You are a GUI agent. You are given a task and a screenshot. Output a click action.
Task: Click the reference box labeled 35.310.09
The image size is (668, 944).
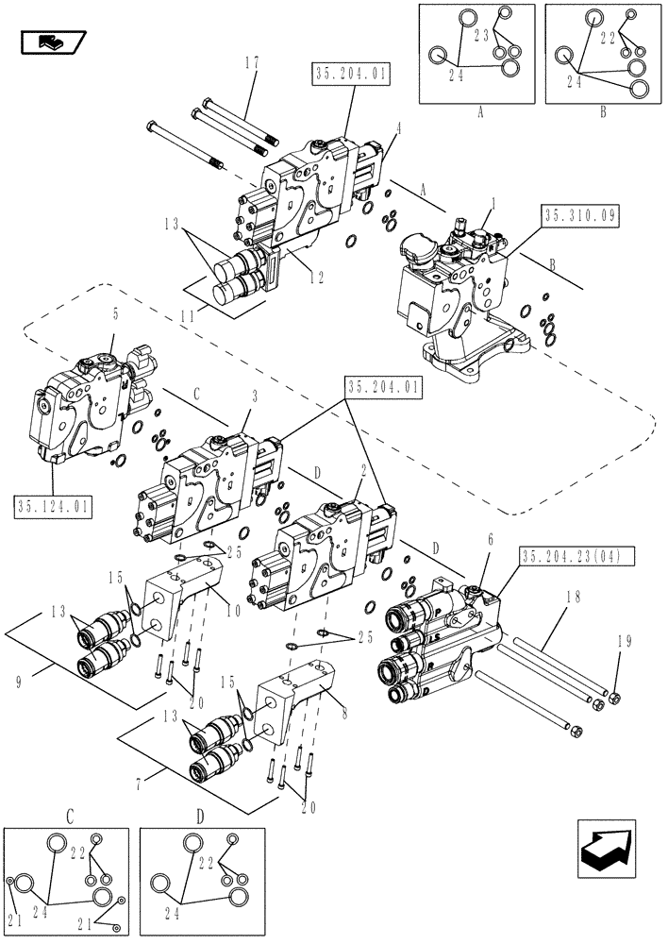click(x=579, y=216)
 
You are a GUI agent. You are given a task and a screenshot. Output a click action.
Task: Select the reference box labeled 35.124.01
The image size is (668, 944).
click(x=53, y=507)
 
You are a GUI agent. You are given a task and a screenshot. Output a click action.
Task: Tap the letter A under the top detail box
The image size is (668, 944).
click(x=479, y=110)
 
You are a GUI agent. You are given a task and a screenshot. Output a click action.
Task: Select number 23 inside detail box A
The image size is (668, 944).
click(x=481, y=34)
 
